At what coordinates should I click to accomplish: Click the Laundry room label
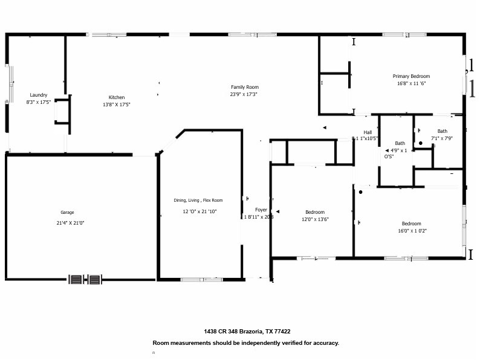[x=39, y=95]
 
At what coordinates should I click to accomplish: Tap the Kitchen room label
[x=117, y=97]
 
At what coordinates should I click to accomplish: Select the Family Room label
[x=244, y=87]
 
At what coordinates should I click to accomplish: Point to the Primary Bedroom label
[x=411, y=76]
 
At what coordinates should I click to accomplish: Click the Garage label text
[x=67, y=213]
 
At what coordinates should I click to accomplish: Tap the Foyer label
[x=261, y=210]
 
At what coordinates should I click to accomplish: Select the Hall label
[x=368, y=132]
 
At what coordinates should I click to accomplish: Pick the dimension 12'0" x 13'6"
[x=315, y=220]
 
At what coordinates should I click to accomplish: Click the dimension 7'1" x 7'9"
[x=442, y=138]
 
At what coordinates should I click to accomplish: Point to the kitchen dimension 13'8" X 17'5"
[x=116, y=104]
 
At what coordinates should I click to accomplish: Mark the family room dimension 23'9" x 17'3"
[x=244, y=94]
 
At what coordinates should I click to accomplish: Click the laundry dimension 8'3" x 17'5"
[x=38, y=102]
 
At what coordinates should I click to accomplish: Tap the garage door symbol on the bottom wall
[x=85, y=279]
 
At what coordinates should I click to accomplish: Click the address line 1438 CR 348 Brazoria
[x=247, y=331]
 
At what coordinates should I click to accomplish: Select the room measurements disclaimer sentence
[x=245, y=342]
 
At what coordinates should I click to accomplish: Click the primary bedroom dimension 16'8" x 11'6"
[x=412, y=84]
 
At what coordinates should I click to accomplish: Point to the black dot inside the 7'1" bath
[x=421, y=143]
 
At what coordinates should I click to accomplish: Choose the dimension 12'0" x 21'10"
[x=199, y=211]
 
